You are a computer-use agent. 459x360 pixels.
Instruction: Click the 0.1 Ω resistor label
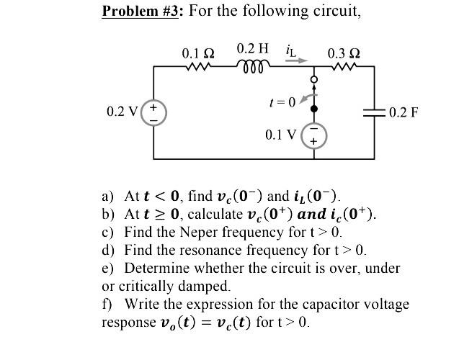coord(198,53)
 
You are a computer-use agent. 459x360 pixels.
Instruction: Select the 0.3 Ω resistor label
coord(344,53)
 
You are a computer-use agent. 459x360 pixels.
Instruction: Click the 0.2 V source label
coord(120,112)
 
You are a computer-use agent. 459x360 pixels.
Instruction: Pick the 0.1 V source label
coord(280,135)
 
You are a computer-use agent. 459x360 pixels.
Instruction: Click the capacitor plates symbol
coord(374,112)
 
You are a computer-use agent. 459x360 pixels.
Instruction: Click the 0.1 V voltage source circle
coord(313,135)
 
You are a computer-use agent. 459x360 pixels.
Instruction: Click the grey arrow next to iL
coord(295,60)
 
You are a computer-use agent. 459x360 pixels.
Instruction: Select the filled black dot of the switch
coord(313,109)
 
